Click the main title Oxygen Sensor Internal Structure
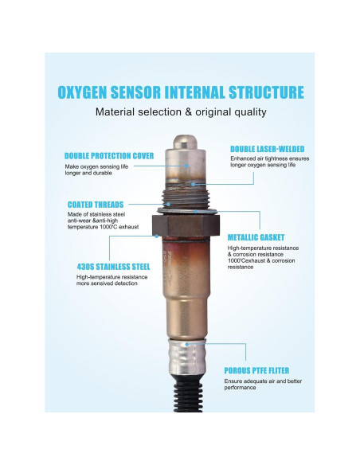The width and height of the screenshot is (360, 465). [180, 92]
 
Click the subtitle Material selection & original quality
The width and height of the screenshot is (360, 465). [180, 112]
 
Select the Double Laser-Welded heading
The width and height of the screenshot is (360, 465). [267, 149]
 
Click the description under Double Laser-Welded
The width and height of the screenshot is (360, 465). [265, 163]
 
